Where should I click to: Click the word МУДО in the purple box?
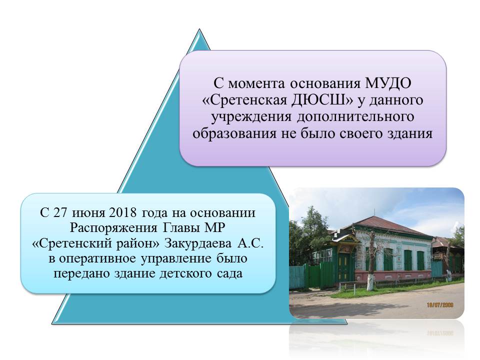tap(388, 83)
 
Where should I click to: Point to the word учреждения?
tap(251, 116)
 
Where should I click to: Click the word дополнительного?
tap(355, 116)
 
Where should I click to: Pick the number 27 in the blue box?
tap(60, 212)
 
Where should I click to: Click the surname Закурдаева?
tap(198, 243)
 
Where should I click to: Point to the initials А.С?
tap(250, 243)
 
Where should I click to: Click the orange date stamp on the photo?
tap(440, 305)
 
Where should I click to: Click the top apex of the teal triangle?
tap(199, 29)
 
